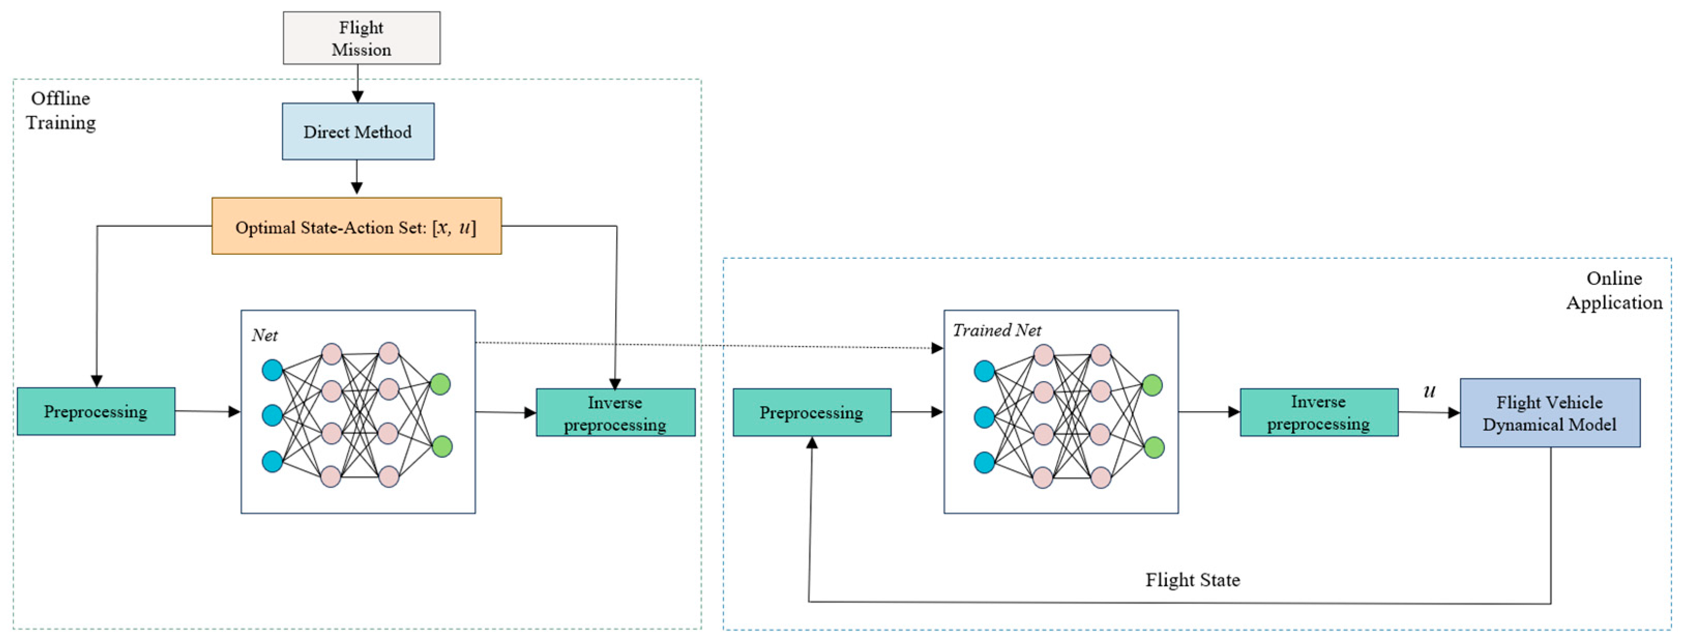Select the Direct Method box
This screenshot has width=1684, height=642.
tap(358, 132)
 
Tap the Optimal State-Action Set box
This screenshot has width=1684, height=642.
tap(356, 226)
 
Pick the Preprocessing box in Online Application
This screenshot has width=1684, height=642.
tap(811, 413)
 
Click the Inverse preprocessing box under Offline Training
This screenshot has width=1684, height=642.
tap(615, 413)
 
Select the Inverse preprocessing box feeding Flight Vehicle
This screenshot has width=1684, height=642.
tap(1319, 413)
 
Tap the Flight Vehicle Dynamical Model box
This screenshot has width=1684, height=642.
tap(1549, 413)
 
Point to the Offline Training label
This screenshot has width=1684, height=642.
tap(60, 110)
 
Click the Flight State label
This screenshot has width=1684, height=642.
tap(1192, 580)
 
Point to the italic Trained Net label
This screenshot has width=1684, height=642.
tap(996, 330)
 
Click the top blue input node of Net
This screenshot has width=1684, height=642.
tap(272, 370)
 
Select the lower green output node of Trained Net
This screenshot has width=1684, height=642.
tap(1154, 448)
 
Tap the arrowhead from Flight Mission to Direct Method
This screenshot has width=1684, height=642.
tap(358, 97)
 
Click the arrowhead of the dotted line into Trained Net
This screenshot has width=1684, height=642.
tap(937, 348)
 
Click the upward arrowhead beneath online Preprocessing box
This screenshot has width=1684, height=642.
tap(811, 443)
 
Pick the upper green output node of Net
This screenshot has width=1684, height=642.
tap(440, 384)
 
